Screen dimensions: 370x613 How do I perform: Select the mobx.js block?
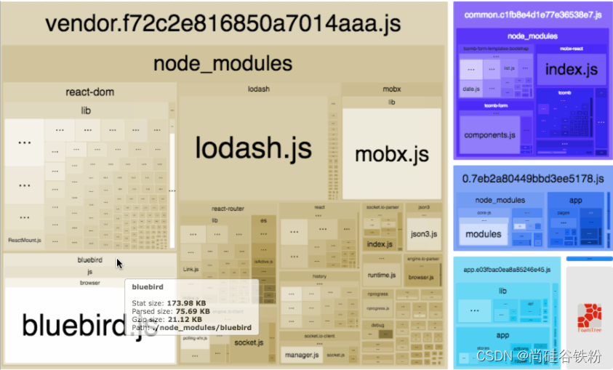tap(391, 154)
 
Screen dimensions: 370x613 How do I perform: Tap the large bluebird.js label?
tap(89, 324)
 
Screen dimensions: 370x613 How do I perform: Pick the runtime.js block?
tap(380, 276)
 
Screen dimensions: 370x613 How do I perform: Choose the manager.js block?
tap(300, 355)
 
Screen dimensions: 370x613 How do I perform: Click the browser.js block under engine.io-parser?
tap(421, 277)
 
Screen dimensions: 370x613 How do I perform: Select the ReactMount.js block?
tap(24, 240)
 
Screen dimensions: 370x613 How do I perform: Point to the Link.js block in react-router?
tap(191, 269)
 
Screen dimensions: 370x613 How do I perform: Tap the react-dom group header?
tap(89, 92)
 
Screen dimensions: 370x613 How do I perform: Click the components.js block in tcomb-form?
tap(489, 134)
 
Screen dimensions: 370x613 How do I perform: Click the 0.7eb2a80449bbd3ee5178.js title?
tap(533, 178)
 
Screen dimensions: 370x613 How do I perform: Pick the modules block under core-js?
tap(483, 234)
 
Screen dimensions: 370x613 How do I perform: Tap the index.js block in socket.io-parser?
tap(380, 244)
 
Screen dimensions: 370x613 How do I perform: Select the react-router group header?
tap(228, 209)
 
